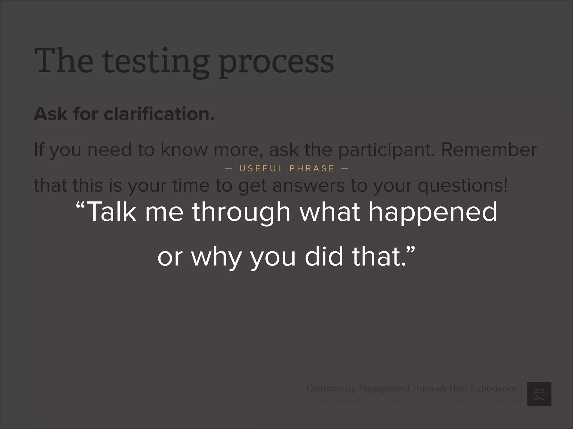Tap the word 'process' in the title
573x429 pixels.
click(x=276, y=63)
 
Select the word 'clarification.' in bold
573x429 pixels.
click(x=159, y=114)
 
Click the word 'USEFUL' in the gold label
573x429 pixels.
click(x=261, y=168)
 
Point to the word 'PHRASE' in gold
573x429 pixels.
click(x=312, y=168)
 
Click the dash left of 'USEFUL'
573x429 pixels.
click(x=229, y=168)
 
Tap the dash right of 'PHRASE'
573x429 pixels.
click(x=344, y=168)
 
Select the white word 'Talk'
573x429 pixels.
click(x=112, y=212)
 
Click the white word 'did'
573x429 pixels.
click(x=324, y=256)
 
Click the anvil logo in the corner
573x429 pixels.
click(x=539, y=394)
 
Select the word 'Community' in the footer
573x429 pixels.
click(x=331, y=388)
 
